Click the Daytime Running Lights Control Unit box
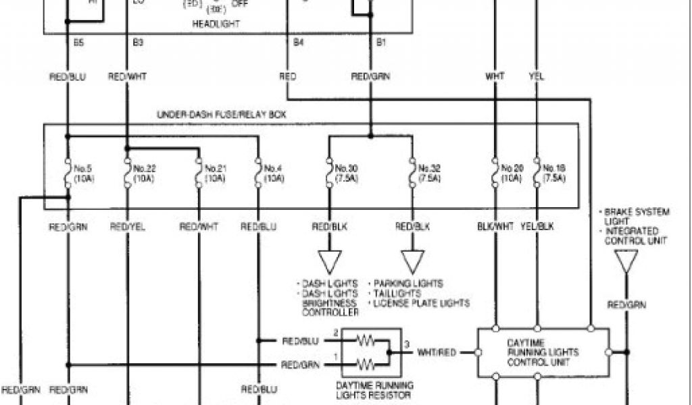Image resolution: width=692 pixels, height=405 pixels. tap(543, 352)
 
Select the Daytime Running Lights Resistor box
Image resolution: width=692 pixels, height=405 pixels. tap(372, 352)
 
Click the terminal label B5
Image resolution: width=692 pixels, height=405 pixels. tap(68, 43)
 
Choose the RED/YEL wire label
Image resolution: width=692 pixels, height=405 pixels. tap(127, 227)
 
